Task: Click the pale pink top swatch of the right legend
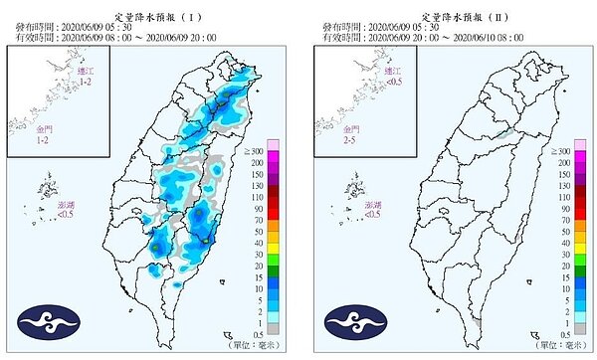point(587,147)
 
